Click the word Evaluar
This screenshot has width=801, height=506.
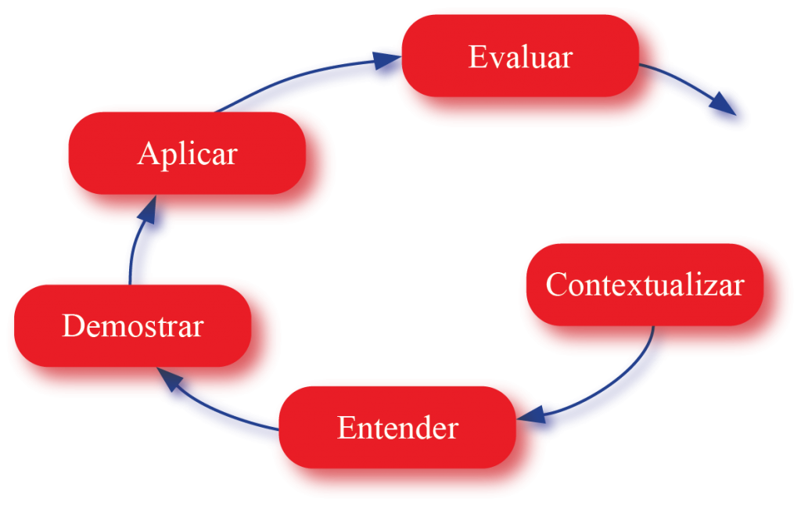(x=520, y=58)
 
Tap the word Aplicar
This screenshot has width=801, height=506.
(x=187, y=153)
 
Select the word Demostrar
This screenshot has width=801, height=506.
(x=132, y=325)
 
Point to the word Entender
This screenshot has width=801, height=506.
(x=397, y=428)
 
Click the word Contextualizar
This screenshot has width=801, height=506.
(x=644, y=285)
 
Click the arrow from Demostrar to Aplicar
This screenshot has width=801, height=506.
(x=141, y=242)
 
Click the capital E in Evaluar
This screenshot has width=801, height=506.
(x=477, y=58)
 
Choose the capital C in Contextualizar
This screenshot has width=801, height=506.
(x=556, y=285)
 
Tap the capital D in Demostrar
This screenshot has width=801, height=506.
(x=72, y=325)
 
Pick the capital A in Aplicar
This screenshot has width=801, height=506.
(x=148, y=153)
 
